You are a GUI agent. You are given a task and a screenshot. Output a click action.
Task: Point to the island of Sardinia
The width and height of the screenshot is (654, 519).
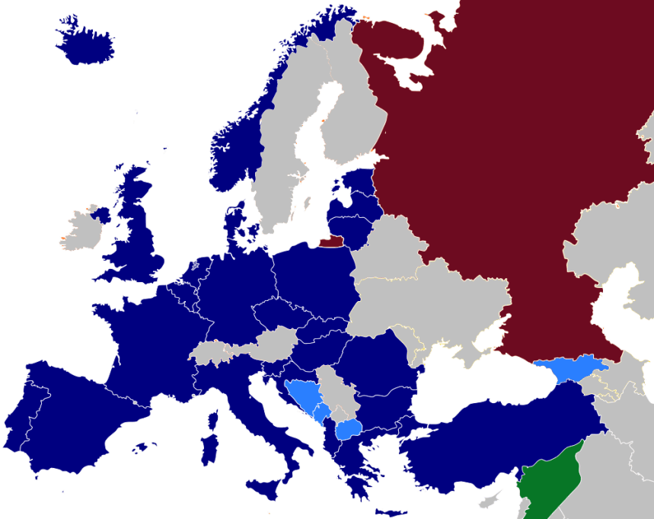pos(209,449)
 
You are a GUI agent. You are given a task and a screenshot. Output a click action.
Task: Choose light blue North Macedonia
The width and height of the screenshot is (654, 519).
pos(349,431)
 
